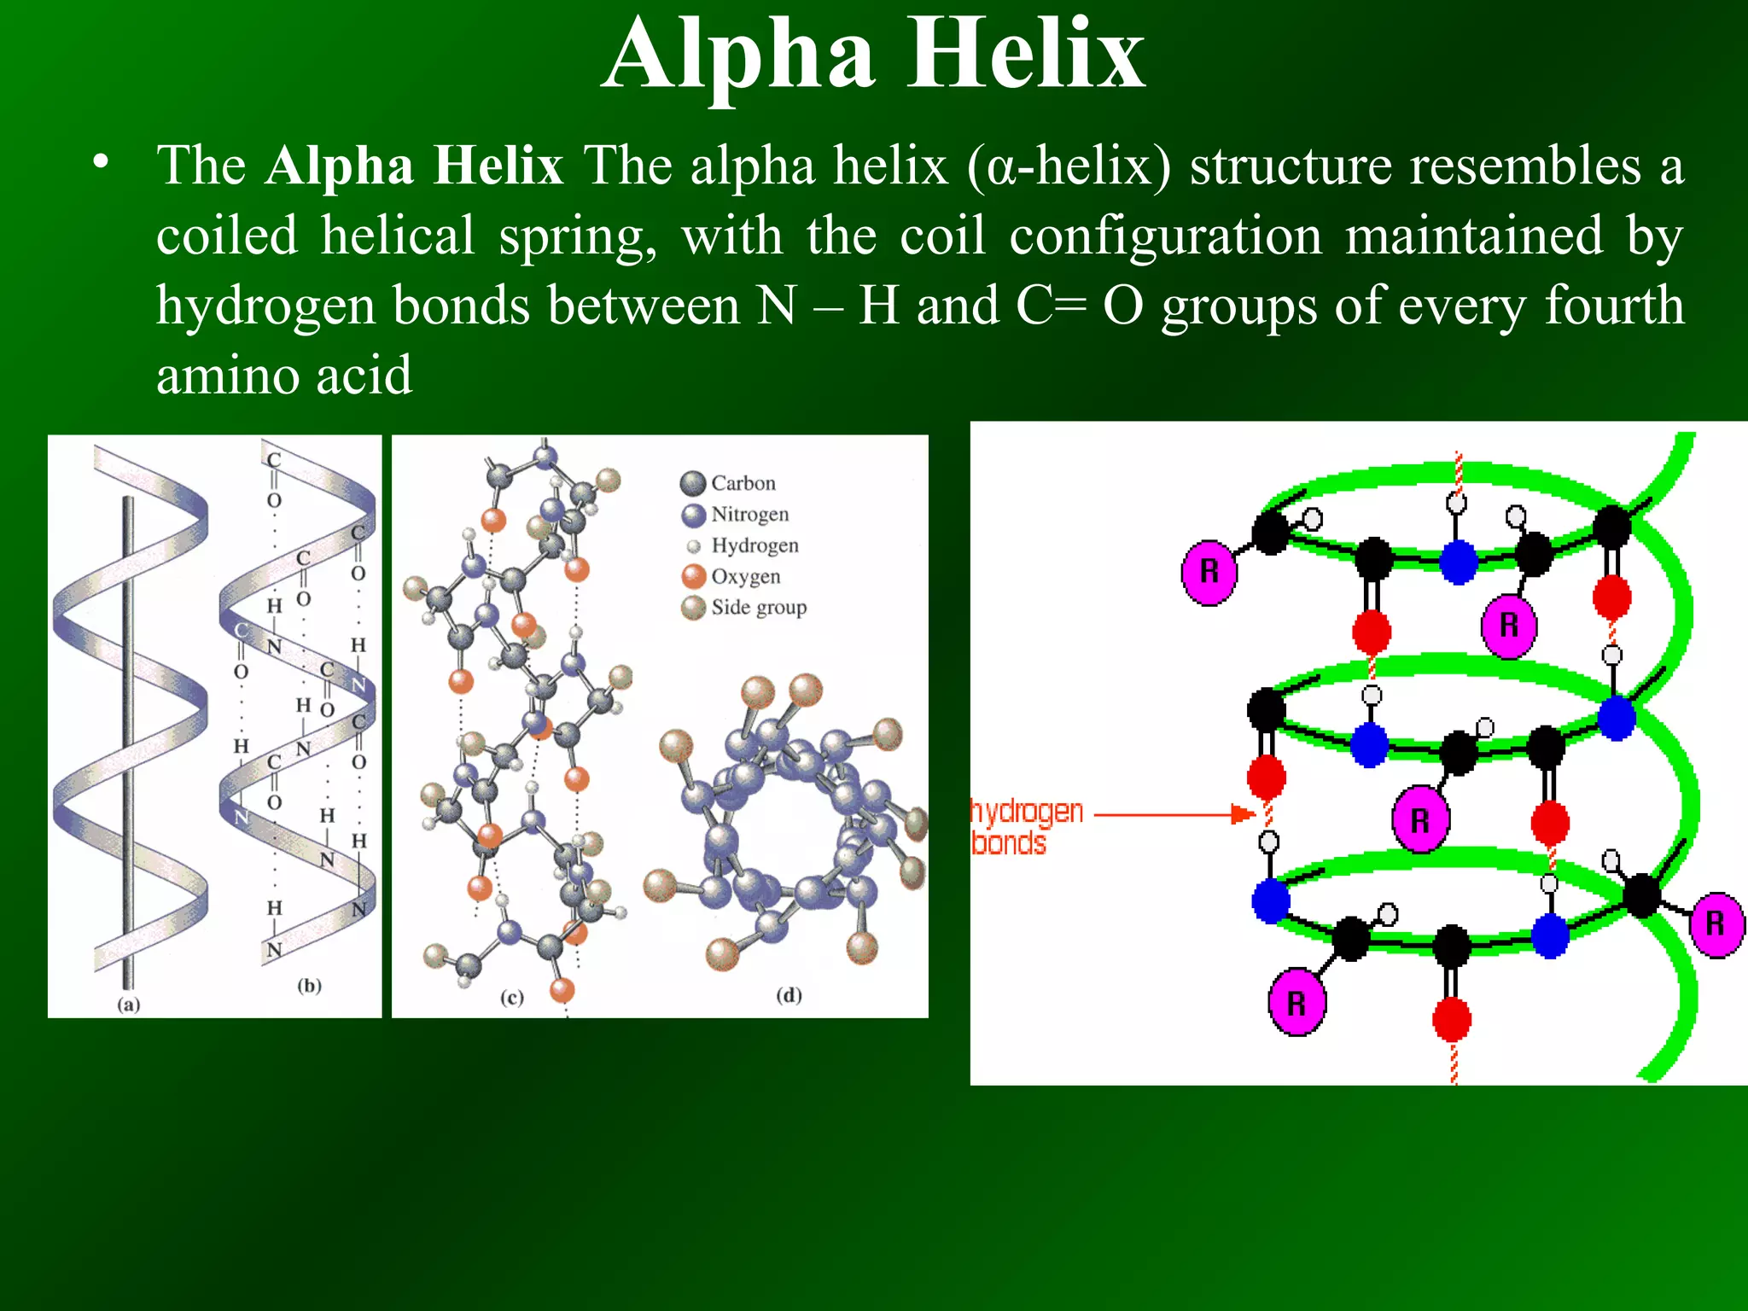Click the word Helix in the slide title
click(1025, 55)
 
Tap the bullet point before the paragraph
click(102, 162)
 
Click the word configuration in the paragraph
click(1165, 236)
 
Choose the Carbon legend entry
click(743, 483)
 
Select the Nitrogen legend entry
click(749, 515)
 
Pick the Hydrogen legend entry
click(755, 545)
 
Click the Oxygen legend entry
click(745, 577)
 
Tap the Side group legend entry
click(758, 608)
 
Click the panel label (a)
click(128, 1005)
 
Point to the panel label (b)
click(309, 986)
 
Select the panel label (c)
click(511, 997)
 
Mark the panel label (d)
click(789, 994)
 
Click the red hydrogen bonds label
click(1027, 826)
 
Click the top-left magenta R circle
click(1209, 572)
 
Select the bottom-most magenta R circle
click(1296, 1003)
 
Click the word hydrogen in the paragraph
click(265, 307)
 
